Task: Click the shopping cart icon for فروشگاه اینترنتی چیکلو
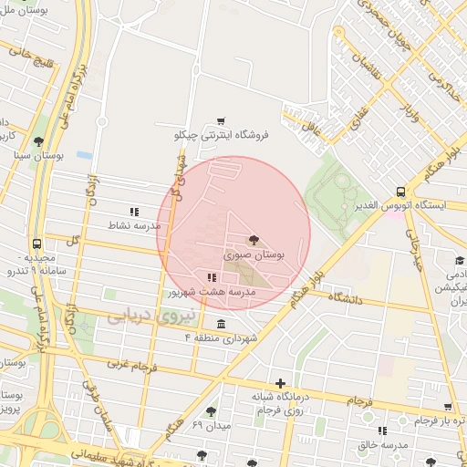click(x=221, y=120)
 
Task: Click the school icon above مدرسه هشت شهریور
click(x=211, y=277)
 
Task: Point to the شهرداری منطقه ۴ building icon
click(x=222, y=323)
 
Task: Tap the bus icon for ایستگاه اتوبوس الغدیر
click(x=401, y=192)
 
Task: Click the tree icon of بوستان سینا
click(x=37, y=141)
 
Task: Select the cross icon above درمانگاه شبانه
click(x=280, y=383)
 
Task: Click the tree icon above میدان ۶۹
click(x=212, y=412)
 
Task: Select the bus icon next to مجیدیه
click(x=36, y=244)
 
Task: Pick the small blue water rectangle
click(x=84, y=154)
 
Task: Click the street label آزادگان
click(x=92, y=192)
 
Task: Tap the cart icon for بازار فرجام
click(x=448, y=408)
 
